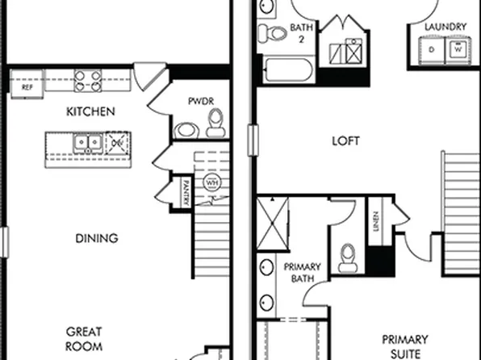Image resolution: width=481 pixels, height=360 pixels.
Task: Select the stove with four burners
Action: pyautogui.click(x=89, y=80)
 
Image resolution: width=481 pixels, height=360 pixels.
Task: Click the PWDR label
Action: pyautogui.click(x=199, y=102)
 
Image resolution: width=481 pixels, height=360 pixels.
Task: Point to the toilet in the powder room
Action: pyautogui.click(x=215, y=124)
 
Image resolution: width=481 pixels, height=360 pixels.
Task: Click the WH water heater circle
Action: pyautogui.click(x=212, y=182)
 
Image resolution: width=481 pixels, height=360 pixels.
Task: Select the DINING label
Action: pyautogui.click(x=97, y=238)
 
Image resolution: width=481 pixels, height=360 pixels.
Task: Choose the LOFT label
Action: pyautogui.click(x=345, y=141)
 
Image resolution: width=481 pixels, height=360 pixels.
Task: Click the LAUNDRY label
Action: pyautogui.click(x=445, y=27)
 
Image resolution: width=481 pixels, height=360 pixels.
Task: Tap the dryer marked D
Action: pyautogui.click(x=433, y=50)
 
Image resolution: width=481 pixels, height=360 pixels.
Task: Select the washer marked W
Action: pyautogui.click(x=458, y=50)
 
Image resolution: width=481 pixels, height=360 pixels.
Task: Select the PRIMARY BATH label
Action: pyautogui.click(x=302, y=273)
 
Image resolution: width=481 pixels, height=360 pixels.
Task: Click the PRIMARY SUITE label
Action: pyautogui.click(x=404, y=345)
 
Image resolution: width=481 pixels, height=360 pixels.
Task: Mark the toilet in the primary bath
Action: pyautogui.click(x=348, y=256)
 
